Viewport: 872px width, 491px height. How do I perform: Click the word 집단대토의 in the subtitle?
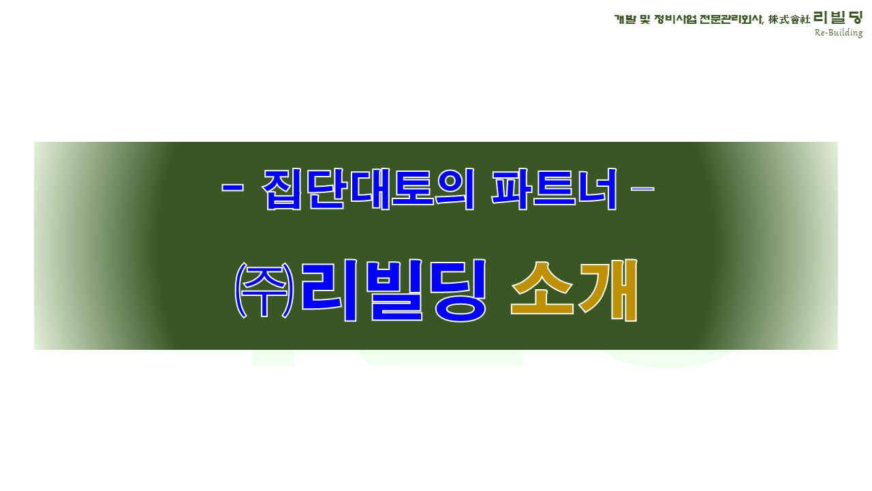point(368,190)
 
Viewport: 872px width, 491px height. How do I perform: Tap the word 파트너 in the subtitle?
point(554,190)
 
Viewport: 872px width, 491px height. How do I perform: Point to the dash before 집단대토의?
point(232,188)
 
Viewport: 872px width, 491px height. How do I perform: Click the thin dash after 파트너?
point(642,189)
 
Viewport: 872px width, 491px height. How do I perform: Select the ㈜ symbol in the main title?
point(264,290)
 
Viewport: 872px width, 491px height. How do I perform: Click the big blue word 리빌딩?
point(394,291)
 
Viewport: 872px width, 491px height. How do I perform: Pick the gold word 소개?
point(574,291)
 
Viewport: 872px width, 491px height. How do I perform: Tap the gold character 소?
point(542,288)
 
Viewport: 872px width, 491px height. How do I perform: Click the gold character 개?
point(608,291)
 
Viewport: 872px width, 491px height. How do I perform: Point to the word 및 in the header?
point(645,19)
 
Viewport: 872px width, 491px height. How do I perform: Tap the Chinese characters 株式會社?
point(789,20)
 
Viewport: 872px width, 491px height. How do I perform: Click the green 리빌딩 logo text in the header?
point(838,18)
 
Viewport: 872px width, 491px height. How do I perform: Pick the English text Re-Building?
point(839,32)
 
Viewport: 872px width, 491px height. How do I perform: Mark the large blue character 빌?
point(396,291)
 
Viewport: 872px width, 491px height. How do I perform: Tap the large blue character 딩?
point(458,291)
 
